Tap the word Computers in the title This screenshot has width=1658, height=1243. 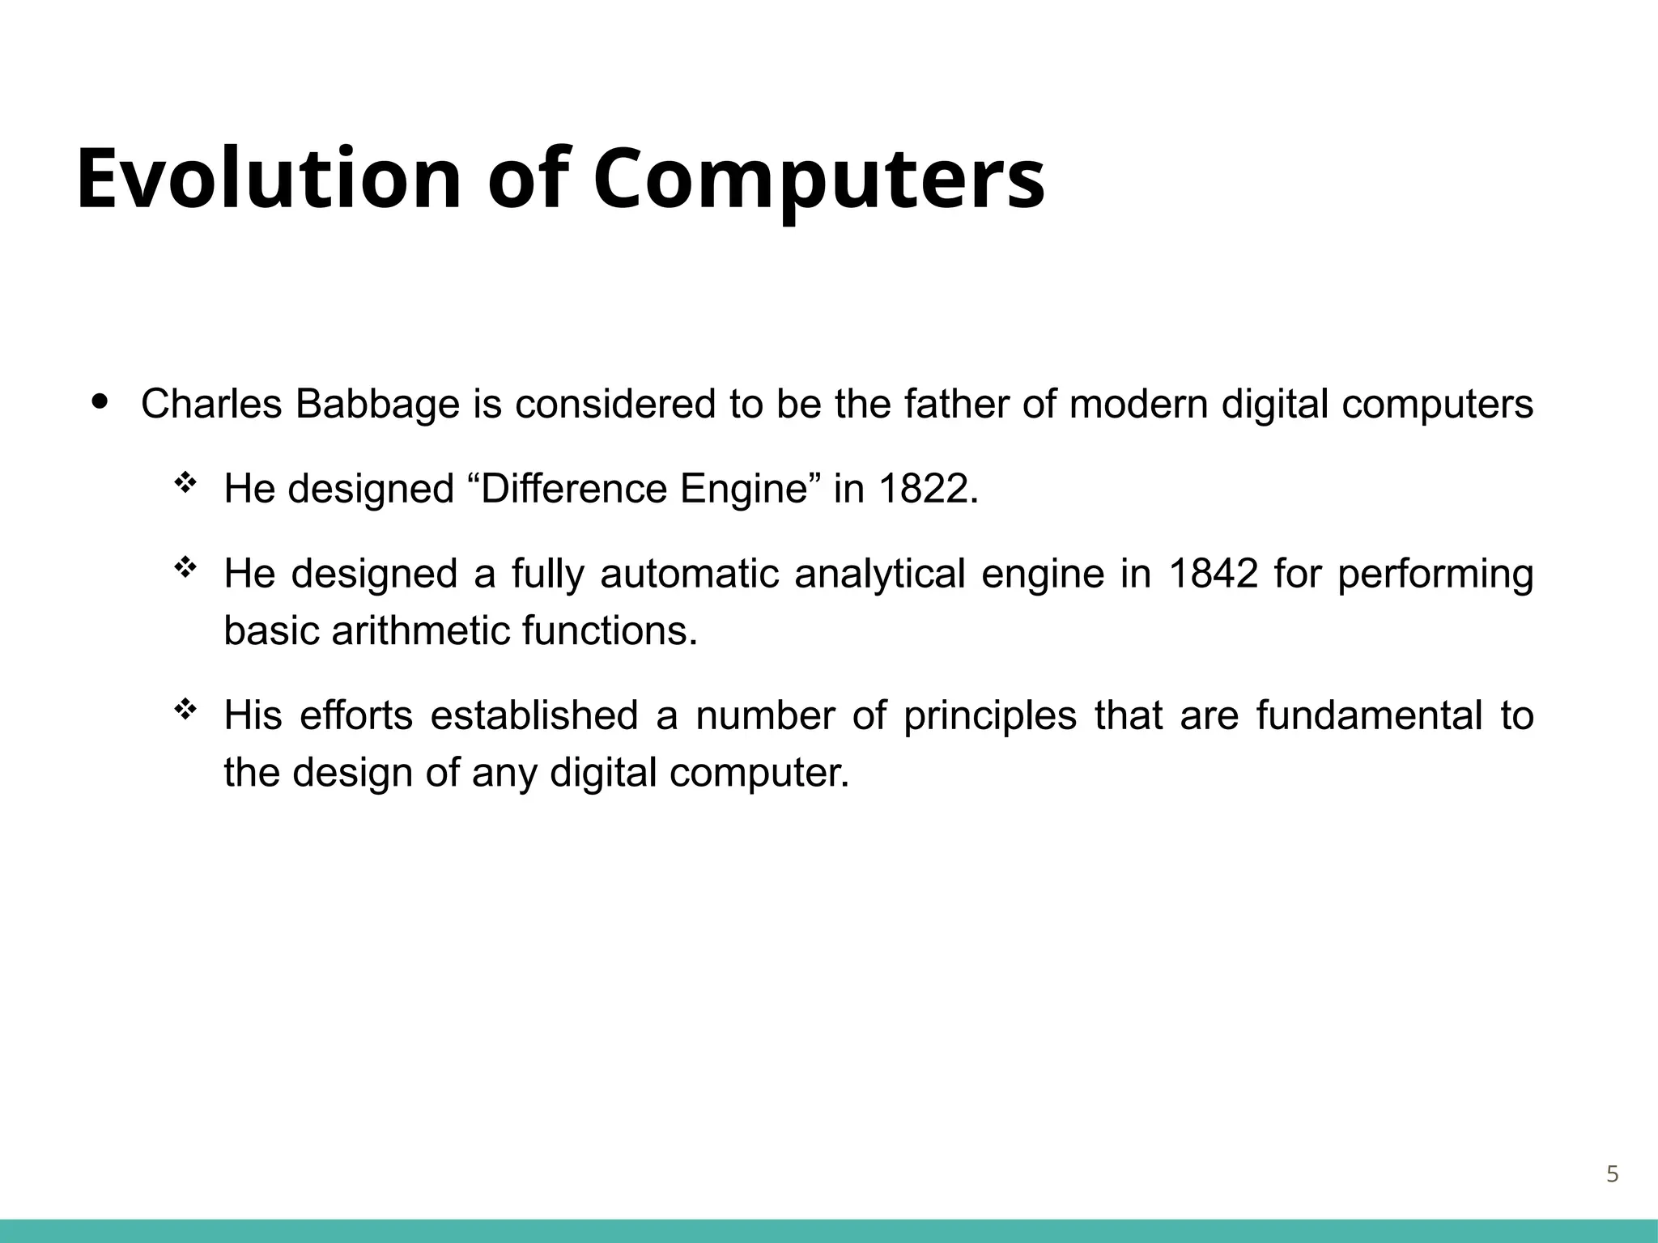coord(818,180)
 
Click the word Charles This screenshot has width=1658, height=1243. coord(211,404)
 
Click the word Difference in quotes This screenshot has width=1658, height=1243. coord(577,489)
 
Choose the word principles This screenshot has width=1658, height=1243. coord(990,715)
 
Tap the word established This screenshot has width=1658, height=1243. coord(534,715)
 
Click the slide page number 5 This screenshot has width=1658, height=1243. coord(1612,1174)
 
